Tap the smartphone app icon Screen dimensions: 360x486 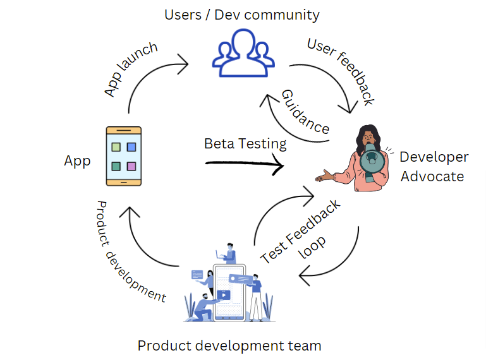click(123, 156)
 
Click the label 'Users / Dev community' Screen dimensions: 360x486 click(242, 15)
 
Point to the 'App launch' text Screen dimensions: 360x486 click(130, 70)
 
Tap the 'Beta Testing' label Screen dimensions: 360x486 click(245, 144)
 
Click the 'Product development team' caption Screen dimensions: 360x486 click(229, 345)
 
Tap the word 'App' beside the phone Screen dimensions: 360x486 click(77, 161)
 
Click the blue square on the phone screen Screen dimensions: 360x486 click(131, 147)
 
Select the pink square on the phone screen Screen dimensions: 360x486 click(131, 167)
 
